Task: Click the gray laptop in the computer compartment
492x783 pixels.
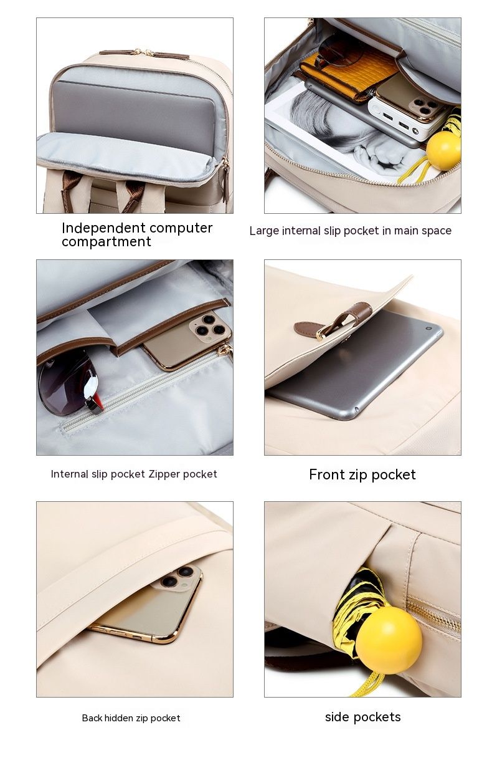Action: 134,109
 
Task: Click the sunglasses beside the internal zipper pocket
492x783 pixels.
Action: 69,383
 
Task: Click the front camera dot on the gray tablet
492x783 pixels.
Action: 428,329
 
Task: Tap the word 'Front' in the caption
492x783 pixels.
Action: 327,474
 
